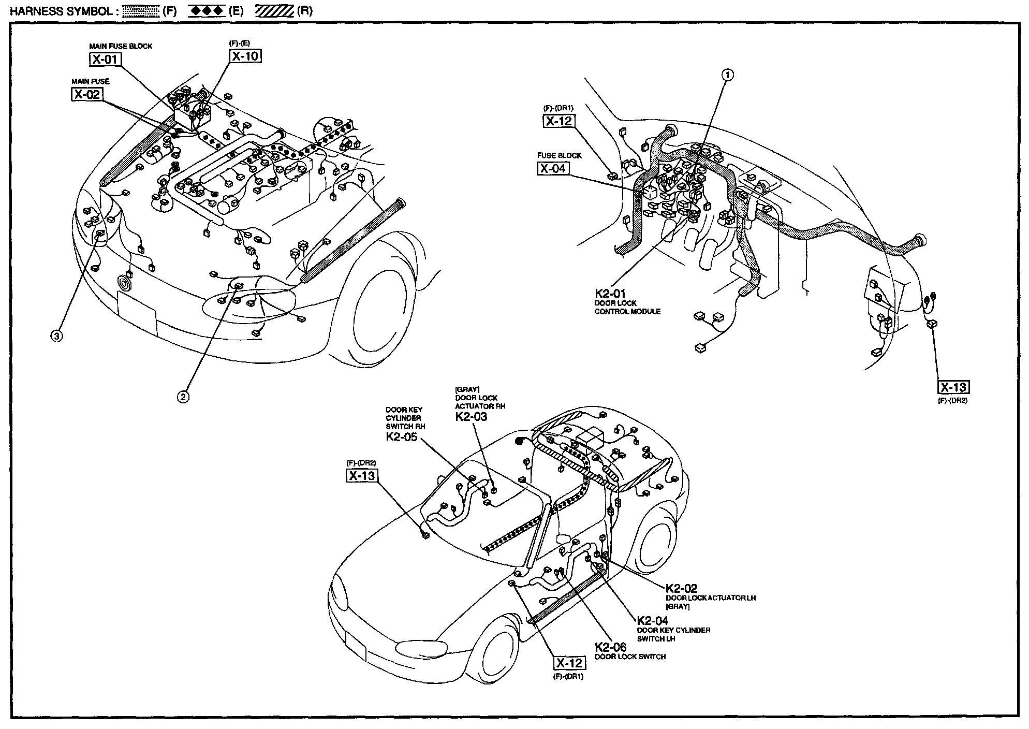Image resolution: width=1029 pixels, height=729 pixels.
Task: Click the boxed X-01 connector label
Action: coord(105,60)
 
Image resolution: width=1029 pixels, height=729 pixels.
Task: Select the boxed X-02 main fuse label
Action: coord(86,95)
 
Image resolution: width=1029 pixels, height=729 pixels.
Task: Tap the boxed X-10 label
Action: coord(245,56)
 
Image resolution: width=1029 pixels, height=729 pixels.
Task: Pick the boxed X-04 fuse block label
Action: coord(552,169)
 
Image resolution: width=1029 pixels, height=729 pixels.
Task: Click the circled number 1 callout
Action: coord(728,75)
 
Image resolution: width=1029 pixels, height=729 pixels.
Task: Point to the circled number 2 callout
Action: coord(183,397)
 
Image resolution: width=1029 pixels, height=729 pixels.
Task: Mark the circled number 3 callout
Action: coord(56,336)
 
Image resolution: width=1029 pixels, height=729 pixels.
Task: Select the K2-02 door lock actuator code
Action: coord(681,589)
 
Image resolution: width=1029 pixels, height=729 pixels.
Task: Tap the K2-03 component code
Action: coord(471,417)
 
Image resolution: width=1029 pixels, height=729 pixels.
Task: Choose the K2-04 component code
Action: coord(652,621)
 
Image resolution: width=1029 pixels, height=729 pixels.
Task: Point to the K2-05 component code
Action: coord(402,437)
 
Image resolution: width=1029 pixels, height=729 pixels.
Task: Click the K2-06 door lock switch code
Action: coord(610,647)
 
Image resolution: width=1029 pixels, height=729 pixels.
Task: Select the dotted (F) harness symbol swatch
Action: coord(140,11)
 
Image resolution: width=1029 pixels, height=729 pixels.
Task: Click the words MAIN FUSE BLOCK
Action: coord(121,46)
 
